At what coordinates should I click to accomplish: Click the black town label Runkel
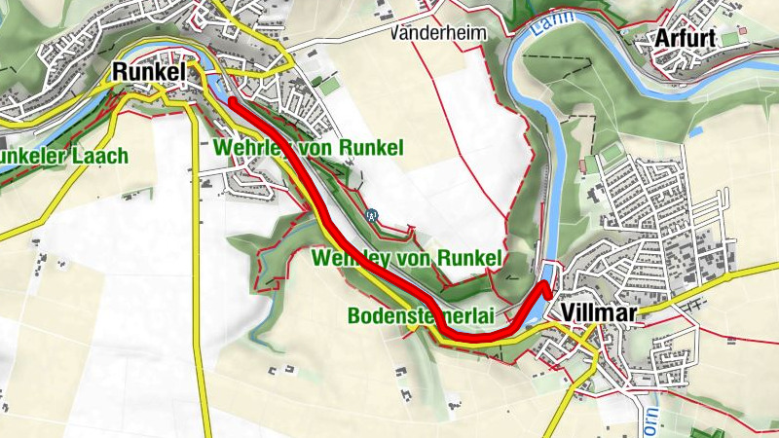tap(147, 71)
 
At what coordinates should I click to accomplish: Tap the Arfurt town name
tap(686, 39)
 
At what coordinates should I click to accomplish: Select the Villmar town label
tap(597, 313)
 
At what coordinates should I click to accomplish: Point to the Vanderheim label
tap(437, 32)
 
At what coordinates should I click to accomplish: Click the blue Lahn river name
tap(541, 32)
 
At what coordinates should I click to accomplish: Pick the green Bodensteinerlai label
tap(422, 316)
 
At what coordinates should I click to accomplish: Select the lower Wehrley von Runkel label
tap(406, 258)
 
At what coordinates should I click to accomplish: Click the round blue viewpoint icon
tap(372, 214)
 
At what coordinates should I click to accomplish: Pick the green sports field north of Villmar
tap(611, 154)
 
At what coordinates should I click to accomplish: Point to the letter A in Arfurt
tap(662, 39)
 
